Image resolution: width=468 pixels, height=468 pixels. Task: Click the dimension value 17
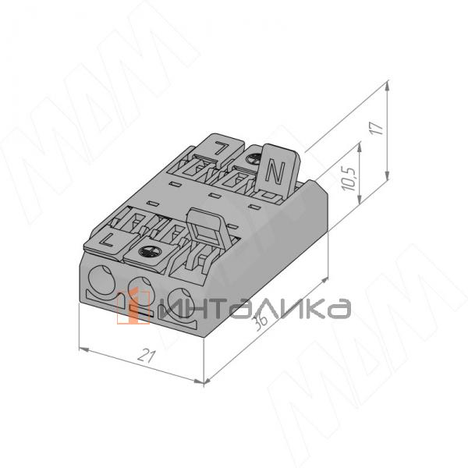(x=378, y=128)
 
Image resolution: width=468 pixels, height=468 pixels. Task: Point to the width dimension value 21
(x=147, y=356)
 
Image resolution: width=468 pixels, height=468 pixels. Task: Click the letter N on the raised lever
(x=275, y=172)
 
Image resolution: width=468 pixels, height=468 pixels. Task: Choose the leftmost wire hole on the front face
(x=102, y=280)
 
